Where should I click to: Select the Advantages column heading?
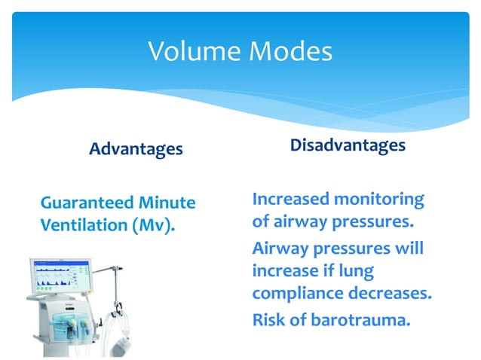[136, 149]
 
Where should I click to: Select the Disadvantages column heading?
[348, 145]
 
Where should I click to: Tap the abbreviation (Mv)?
[154, 224]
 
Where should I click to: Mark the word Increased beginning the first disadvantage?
[290, 200]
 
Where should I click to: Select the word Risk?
[270, 321]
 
